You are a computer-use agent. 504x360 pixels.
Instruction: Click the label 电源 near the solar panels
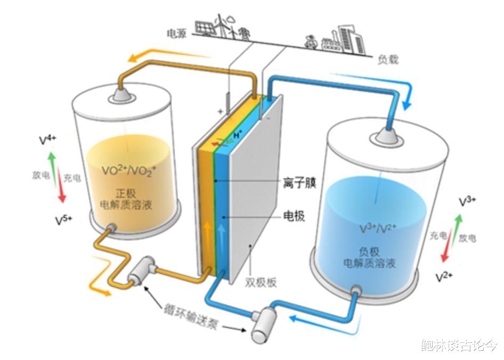pos(177,33)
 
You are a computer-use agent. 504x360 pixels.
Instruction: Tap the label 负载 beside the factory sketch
pos(388,60)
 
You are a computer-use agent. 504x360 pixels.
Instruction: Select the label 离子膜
pos(299,183)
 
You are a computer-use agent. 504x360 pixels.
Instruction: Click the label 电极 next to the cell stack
pos(294,216)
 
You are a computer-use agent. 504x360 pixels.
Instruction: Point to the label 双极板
pos(261,283)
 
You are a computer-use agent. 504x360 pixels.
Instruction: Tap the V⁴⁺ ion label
pos(47,140)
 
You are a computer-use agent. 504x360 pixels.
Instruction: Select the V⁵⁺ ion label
pos(63,220)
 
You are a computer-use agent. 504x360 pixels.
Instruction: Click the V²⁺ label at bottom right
pos(444,277)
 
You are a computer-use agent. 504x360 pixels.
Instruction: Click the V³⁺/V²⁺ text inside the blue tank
pos(378,228)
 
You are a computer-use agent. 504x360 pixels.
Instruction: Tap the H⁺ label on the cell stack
pos(238,135)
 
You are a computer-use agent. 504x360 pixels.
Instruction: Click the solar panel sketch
pos(205,28)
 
